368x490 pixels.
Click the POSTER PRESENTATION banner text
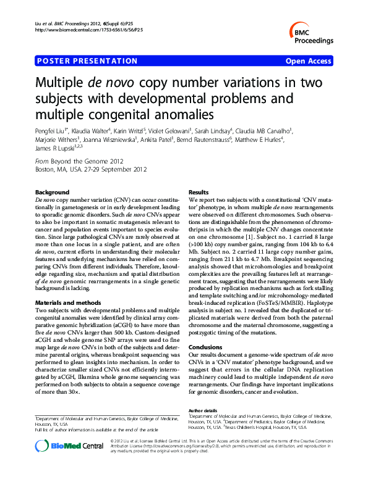[x=87, y=61]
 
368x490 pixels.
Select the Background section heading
[x=53, y=193]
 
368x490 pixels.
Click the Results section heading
[x=199, y=193]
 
